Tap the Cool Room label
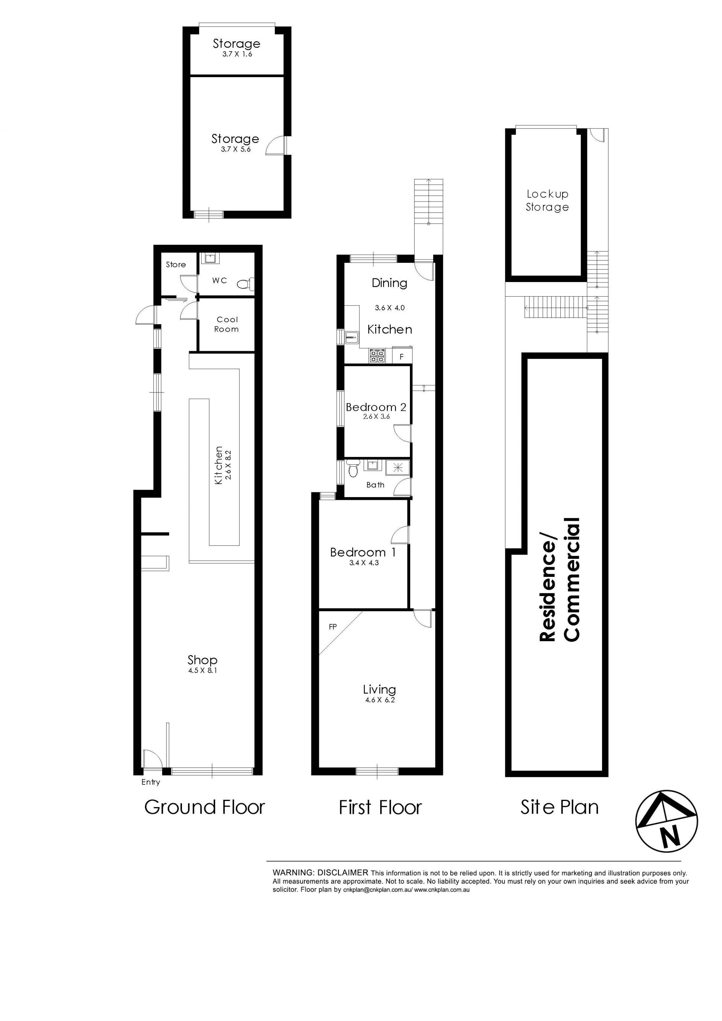[227, 324]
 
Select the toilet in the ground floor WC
[246, 283]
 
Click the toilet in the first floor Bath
[353, 469]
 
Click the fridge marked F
[402, 357]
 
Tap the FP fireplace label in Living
[332, 627]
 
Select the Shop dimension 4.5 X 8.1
[203, 670]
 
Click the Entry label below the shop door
[151, 782]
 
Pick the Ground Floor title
[205, 807]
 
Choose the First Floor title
[380, 807]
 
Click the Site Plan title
[559, 807]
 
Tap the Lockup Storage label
[547, 200]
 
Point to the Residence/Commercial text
[560, 580]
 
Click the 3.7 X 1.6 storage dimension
[237, 54]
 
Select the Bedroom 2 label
[376, 407]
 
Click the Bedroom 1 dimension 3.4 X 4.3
[364, 563]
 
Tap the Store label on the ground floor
[176, 265]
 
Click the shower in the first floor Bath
[394, 466]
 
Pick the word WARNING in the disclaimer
[293, 872]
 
